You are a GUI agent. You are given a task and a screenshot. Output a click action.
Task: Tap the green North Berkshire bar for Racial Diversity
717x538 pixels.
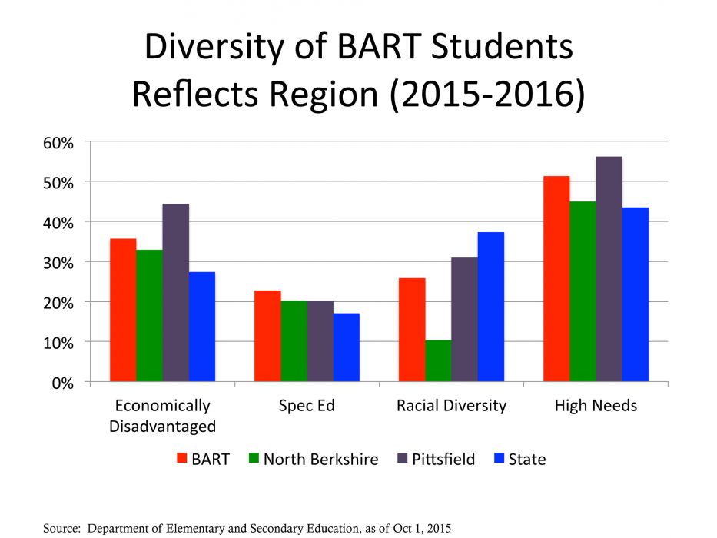point(438,360)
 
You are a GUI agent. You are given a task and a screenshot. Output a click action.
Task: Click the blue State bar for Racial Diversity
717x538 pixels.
point(491,307)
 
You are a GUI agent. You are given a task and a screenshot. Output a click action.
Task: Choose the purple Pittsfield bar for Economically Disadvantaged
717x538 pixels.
point(175,292)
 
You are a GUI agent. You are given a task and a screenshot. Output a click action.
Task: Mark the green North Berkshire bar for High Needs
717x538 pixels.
point(583,291)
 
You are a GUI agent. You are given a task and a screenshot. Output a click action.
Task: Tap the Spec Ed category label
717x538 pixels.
point(307,406)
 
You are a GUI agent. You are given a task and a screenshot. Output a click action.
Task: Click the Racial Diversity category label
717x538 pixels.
point(451,406)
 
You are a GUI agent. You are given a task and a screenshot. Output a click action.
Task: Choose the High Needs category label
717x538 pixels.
point(596,406)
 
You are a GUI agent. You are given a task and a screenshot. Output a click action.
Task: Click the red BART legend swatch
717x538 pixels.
point(183,460)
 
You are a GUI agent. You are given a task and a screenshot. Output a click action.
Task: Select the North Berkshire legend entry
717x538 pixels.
point(320,460)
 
